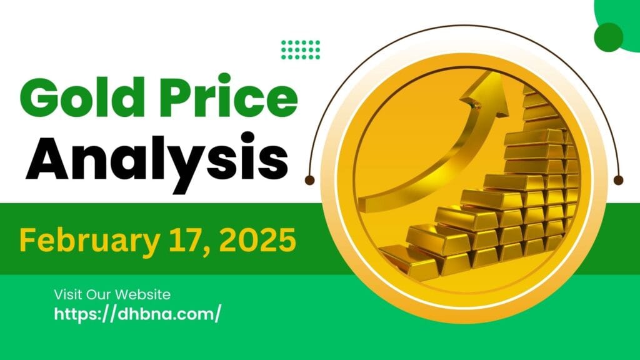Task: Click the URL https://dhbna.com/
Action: (x=137, y=314)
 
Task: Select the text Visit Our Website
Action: (x=112, y=294)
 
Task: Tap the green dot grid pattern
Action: (x=301, y=49)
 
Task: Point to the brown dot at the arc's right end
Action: (x=619, y=180)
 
